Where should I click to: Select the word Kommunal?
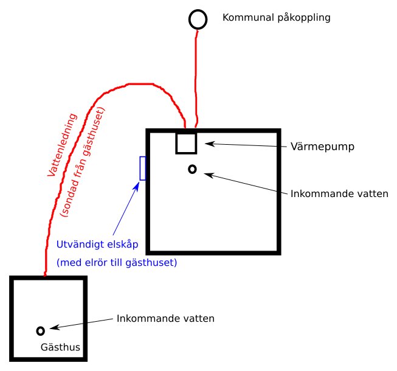(249, 18)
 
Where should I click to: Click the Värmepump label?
(322, 147)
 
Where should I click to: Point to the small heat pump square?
(176, 144)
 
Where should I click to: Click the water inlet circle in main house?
(189, 169)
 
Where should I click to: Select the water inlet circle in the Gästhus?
(37, 331)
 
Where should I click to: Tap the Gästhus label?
(60, 347)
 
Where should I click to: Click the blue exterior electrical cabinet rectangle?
(140, 168)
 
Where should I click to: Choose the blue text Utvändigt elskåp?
(97, 244)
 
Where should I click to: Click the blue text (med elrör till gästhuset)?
(117, 263)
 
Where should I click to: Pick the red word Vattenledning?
(62, 145)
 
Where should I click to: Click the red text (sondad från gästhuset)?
(83, 162)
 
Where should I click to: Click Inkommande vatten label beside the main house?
(339, 194)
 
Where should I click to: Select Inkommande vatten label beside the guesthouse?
(165, 319)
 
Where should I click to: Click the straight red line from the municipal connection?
(196, 78)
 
